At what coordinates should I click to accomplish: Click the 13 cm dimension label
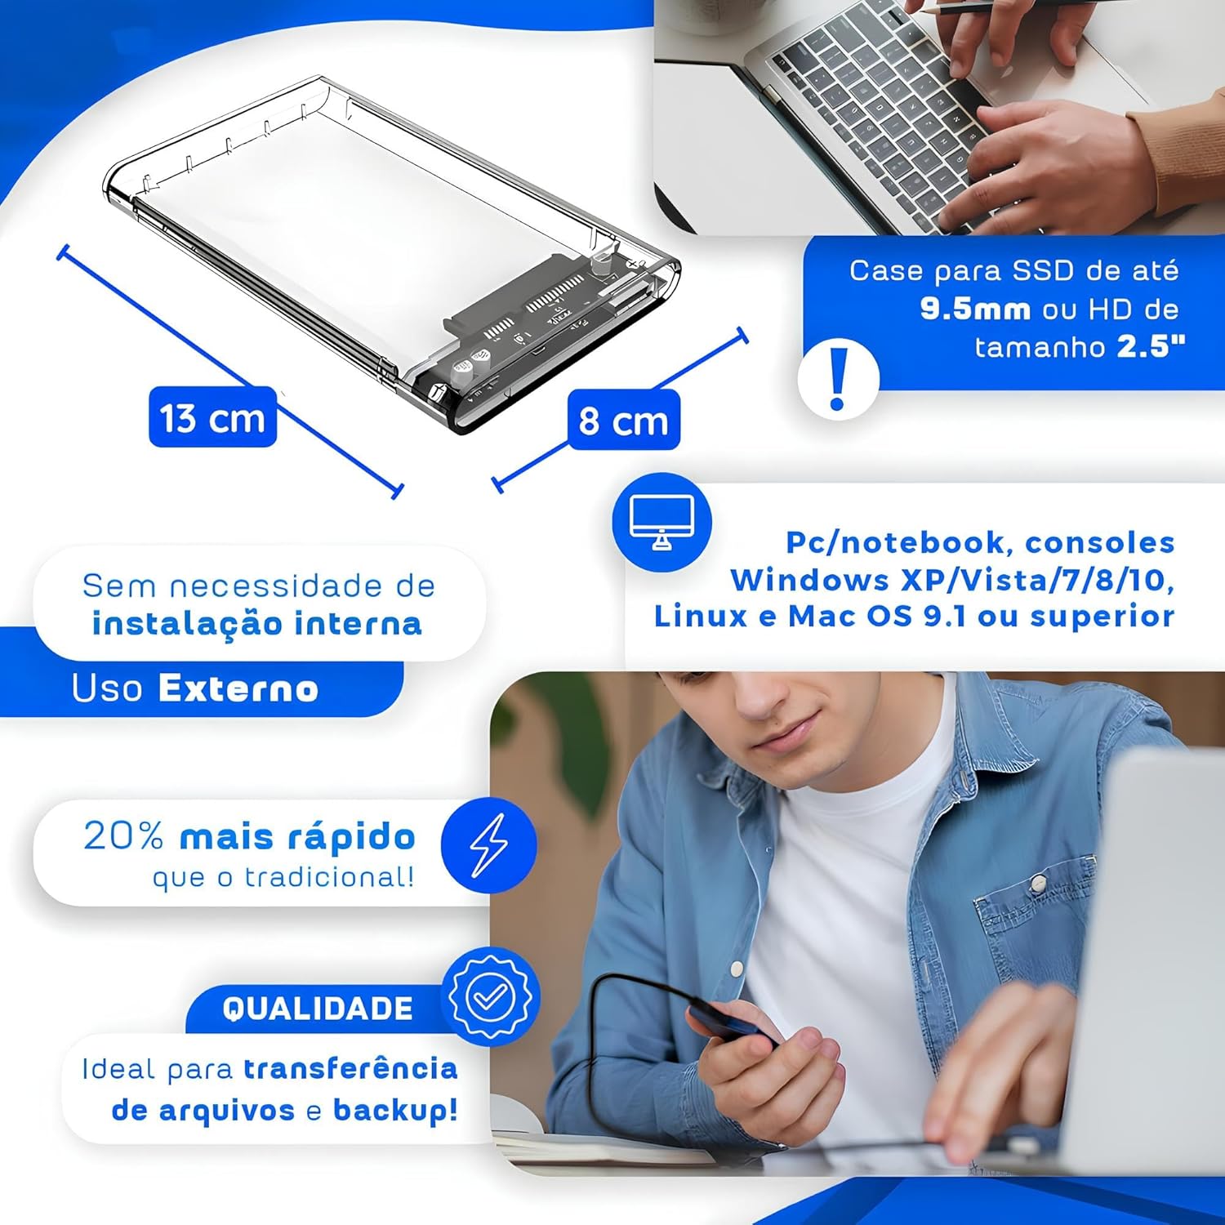212,418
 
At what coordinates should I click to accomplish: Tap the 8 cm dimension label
623,421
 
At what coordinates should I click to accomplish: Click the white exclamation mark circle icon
838,379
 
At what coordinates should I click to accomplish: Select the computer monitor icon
661,522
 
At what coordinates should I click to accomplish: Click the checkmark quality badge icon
490,996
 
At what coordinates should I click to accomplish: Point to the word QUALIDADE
318,1009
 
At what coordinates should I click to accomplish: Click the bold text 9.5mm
974,309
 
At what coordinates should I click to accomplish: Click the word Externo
238,688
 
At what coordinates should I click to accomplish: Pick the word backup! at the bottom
395,1110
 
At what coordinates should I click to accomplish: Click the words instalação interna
256,623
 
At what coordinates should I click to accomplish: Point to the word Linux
701,616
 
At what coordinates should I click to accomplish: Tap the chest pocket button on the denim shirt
1038,882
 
